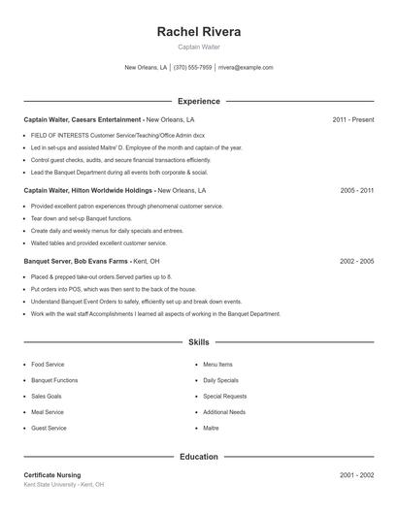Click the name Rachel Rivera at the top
(x=198, y=32)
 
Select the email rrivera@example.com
(x=246, y=68)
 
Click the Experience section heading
(x=198, y=101)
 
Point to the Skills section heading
(x=198, y=342)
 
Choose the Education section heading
(x=198, y=456)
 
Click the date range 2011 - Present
(x=352, y=119)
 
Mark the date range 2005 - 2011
(x=356, y=191)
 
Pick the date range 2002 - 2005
(x=356, y=262)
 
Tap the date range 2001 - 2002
(x=356, y=475)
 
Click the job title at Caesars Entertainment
(x=83, y=119)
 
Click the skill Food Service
(x=49, y=365)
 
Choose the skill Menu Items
(x=217, y=365)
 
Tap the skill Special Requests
(x=224, y=396)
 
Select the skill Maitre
(x=211, y=428)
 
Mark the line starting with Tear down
(x=79, y=219)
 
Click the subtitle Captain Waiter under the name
(x=198, y=47)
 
